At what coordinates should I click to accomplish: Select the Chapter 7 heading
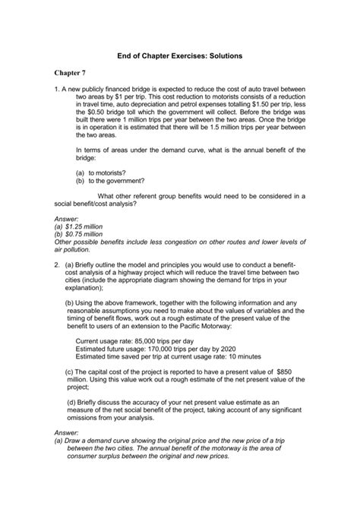74,72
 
